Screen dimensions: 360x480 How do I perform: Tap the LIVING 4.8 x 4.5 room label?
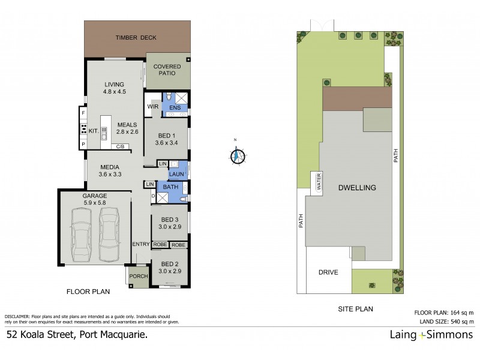[x=113, y=88]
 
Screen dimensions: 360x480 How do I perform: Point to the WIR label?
[x=152, y=107]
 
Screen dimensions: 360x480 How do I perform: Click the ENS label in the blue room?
[x=175, y=107]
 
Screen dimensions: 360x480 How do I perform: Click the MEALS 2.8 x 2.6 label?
[x=127, y=128]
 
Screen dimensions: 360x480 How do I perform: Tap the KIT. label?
[x=93, y=130]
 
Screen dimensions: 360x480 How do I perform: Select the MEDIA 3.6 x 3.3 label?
[x=110, y=171]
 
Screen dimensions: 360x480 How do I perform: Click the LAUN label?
[x=176, y=175]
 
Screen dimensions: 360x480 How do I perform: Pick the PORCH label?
[x=139, y=277]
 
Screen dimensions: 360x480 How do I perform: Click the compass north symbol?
[x=236, y=155]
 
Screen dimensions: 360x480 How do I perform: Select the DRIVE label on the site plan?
[x=328, y=272]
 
